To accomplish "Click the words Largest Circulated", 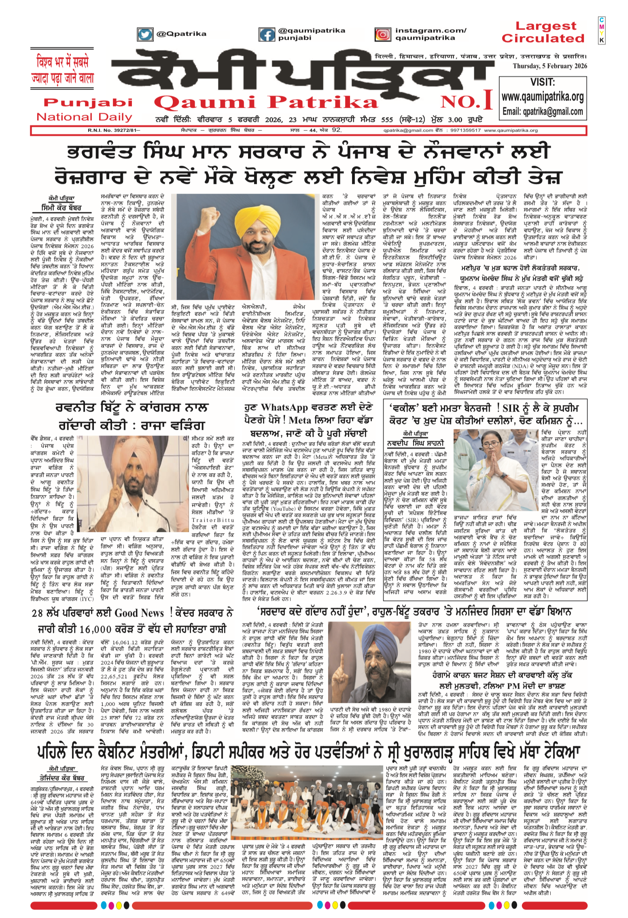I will pos(543,32).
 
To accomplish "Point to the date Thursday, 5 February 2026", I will pos(549,66).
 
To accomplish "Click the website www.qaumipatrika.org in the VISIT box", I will pos(543,97).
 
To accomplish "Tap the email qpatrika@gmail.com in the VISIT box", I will pos(543,111).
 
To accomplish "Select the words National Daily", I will pos(84,117).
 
